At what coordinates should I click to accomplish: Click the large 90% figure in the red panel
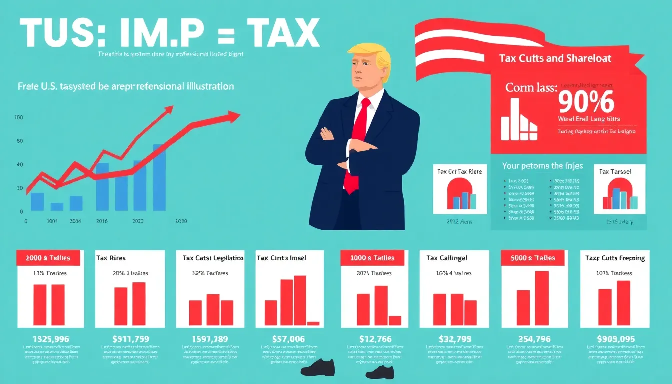pos(585,103)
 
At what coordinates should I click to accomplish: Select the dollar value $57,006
pos(288,339)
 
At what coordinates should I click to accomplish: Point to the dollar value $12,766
pos(376,339)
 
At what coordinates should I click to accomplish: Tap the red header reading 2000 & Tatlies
pos(44,258)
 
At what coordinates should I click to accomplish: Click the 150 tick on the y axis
pos(19,118)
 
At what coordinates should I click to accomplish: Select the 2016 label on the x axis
pos(102,221)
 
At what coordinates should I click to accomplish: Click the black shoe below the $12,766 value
pos(379,372)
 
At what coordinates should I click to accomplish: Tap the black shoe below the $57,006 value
pos(315,367)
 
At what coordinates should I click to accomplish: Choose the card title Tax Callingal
pos(447,258)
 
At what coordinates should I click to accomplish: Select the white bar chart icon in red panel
pos(518,119)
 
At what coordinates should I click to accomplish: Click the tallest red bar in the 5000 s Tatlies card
pos(542,298)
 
